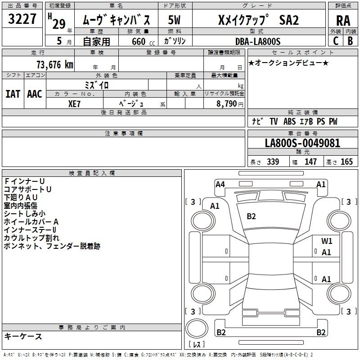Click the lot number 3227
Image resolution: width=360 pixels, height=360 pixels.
click(x=22, y=19)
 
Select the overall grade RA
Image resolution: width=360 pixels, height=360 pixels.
click(x=343, y=21)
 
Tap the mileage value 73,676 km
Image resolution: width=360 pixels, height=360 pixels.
click(x=55, y=65)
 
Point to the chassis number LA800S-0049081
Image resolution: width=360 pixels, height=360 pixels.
click(x=302, y=143)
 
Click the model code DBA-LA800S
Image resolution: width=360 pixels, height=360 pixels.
click(x=258, y=41)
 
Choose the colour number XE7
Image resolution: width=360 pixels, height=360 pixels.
click(x=74, y=104)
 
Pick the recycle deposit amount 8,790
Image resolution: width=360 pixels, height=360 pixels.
click(x=226, y=103)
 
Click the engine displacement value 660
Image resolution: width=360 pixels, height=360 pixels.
click(x=139, y=41)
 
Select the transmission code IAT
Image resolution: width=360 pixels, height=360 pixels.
click(x=13, y=94)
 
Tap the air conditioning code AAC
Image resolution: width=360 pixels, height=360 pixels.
click(x=35, y=94)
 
